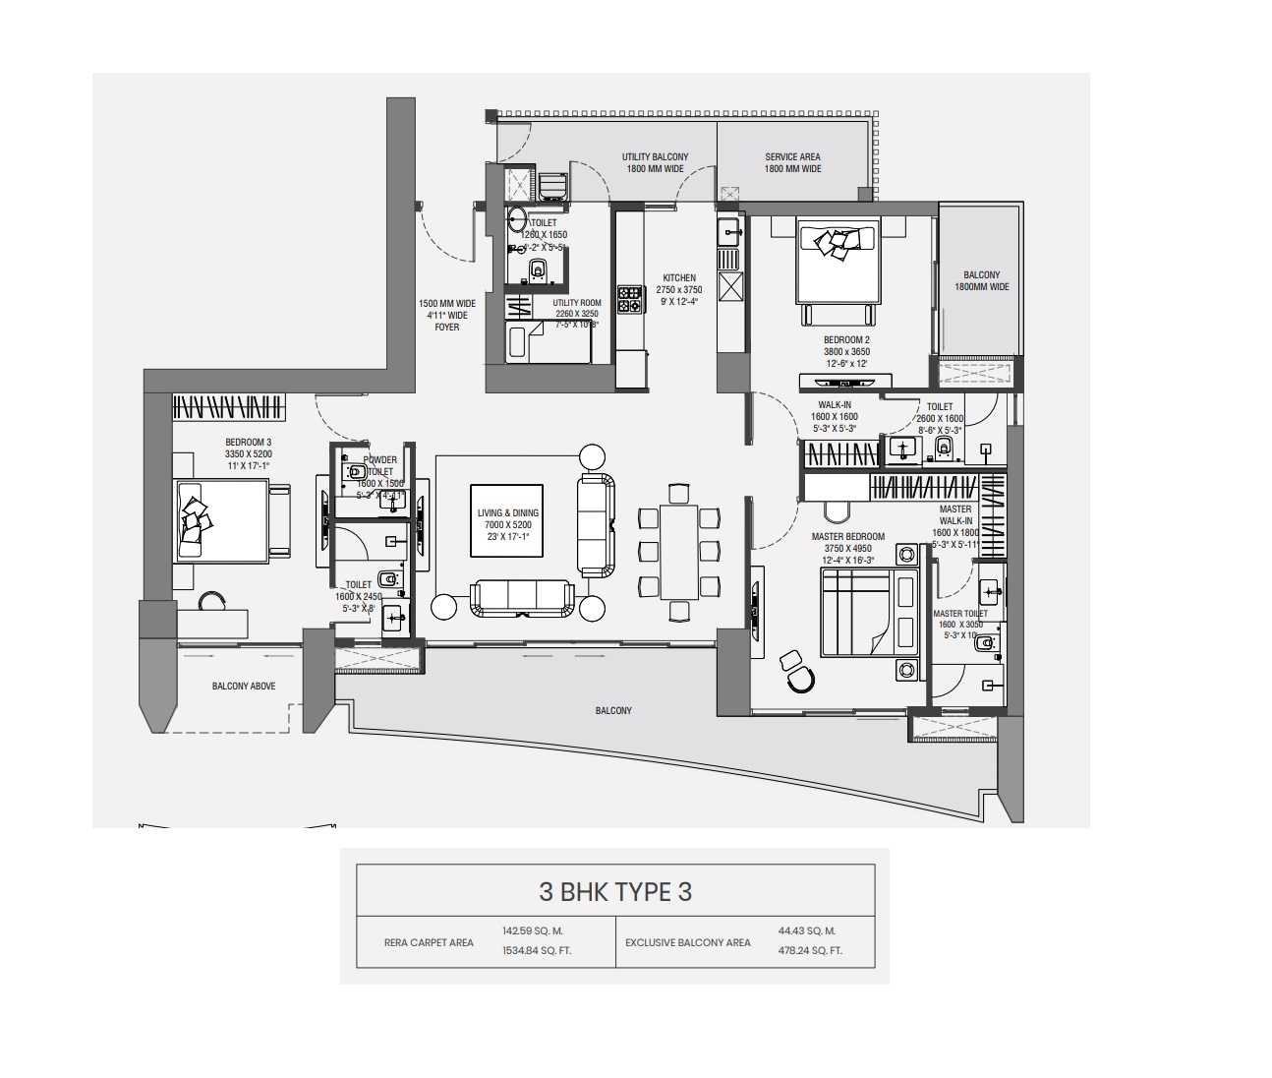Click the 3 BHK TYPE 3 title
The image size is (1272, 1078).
tap(615, 892)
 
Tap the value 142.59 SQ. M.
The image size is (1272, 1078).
tap(532, 930)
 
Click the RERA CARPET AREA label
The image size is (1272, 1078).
tap(429, 942)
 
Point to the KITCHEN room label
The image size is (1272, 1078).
tap(679, 278)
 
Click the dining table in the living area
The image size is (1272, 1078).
tap(678, 551)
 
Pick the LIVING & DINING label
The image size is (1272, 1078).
tap(507, 512)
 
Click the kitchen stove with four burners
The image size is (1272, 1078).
tap(629, 299)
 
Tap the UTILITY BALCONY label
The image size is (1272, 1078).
tap(655, 157)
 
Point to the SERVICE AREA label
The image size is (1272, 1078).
tap(792, 157)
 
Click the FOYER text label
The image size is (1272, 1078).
tap(447, 328)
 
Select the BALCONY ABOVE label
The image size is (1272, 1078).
tap(244, 687)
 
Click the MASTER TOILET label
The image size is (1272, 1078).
tap(960, 614)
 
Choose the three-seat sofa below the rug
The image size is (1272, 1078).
tap(522, 597)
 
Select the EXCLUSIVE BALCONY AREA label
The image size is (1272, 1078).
tap(687, 942)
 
